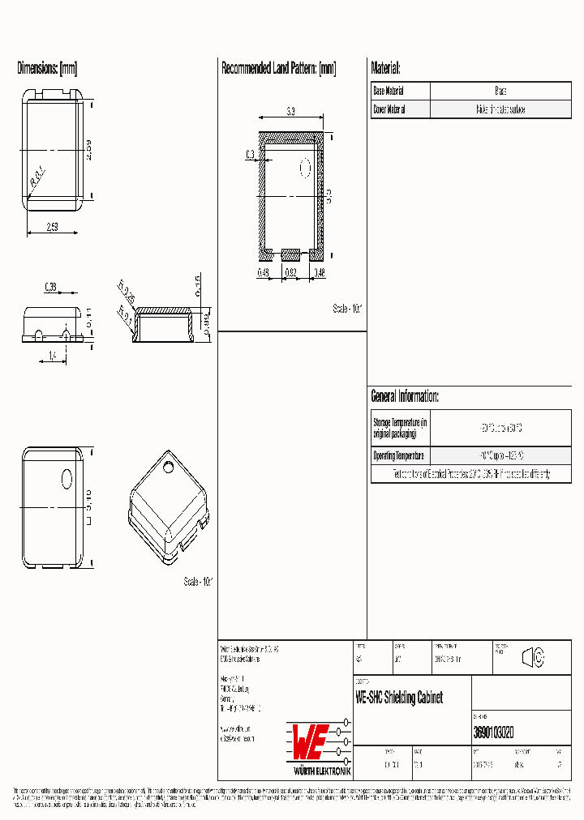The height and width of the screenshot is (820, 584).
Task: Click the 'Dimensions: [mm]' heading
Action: pos(47,69)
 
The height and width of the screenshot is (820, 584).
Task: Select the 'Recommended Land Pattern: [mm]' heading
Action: pos(278,69)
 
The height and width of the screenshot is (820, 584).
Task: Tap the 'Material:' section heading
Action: pos(385,69)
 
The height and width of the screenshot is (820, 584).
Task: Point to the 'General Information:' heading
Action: pos(405,396)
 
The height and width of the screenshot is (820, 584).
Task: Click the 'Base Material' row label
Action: pos(389,92)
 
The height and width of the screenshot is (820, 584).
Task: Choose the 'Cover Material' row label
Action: pos(389,109)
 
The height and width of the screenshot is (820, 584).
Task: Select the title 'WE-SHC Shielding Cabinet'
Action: pos(399,698)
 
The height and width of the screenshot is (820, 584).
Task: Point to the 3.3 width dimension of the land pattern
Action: pos(290,111)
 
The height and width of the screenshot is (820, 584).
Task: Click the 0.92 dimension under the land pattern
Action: pos(291,273)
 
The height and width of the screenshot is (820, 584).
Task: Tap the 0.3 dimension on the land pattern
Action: pos(249,154)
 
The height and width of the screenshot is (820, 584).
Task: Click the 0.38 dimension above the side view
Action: pos(50,286)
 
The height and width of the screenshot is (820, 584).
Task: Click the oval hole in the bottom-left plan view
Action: pos(67,479)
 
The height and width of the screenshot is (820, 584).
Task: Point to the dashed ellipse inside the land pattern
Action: pos(306,168)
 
